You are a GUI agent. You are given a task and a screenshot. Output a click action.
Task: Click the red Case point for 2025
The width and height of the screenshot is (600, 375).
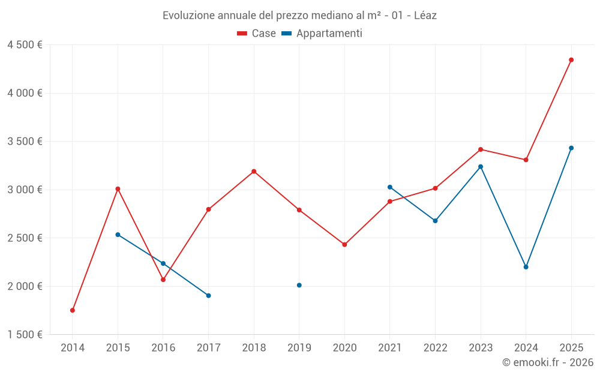(x=571, y=60)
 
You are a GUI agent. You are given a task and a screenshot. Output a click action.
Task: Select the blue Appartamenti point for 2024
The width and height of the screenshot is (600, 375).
(x=526, y=267)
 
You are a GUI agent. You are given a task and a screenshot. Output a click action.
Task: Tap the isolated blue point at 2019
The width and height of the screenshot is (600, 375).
(x=299, y=285)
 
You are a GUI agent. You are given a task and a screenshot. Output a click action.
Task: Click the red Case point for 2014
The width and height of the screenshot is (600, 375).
(x=73, y=310)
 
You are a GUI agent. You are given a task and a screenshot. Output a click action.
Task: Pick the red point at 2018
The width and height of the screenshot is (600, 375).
(x=254, y=172)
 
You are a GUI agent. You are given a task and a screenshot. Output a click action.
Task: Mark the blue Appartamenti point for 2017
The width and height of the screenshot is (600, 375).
(x=208, y=295)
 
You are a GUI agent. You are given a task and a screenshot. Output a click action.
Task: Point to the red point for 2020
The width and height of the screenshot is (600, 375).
(x=344, y=245)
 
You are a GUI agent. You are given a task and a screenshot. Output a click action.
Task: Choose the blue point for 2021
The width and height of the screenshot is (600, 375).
(x=390, y=187)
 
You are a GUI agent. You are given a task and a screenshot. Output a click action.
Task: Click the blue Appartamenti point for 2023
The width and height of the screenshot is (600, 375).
(x=481, y=167)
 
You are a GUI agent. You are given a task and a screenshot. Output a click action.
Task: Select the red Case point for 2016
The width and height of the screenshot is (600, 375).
(x=163, y=280)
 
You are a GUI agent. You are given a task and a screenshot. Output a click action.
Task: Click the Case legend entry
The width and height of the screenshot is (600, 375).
(x=257, y=34)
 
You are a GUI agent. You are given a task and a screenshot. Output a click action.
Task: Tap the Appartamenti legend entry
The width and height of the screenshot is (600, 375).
(x=322, y=34)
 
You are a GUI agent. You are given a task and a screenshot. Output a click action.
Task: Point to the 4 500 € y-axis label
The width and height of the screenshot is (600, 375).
(x=25, y=45)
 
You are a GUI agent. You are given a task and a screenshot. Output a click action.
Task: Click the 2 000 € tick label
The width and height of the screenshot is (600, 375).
(x=25, y=286)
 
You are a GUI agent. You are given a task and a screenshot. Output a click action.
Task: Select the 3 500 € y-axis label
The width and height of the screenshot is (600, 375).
(x=25, y=142)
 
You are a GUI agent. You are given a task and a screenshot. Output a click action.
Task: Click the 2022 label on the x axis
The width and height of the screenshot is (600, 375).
(x=435, y=347)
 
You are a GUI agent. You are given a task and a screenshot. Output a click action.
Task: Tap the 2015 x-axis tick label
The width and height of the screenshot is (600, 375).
(x=118, y=347)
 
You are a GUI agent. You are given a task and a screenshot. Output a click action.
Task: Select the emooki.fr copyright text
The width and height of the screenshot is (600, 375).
(x=548, y=362)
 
